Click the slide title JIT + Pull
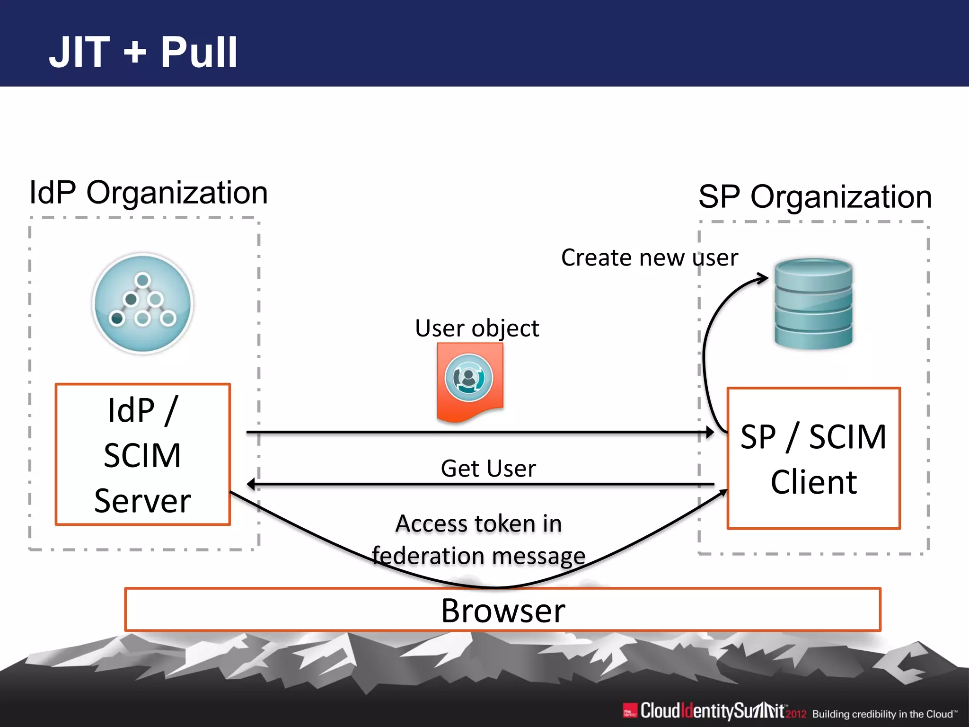(x=143, y=52)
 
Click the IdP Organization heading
(x=149, y=193)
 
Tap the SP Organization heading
(x=815, y=196)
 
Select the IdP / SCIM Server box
(x=143, y=454)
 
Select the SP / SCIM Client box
(x=813, y=458)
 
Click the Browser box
(x=502, y=610)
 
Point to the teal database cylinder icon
(x=813, y=304)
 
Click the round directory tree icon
(x=143, y=303)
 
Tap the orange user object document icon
(x=469, y=381)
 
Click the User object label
(x=477, y=328)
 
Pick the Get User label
(x=488, y=469)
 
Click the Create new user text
(x=649, y=258)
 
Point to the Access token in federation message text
(x=479, y=540)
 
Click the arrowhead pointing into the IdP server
(x=250, y=484)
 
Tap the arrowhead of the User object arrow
(x=710, y=432)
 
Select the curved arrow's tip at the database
(x=764, y=278)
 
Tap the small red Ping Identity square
(x=630, y=710)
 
